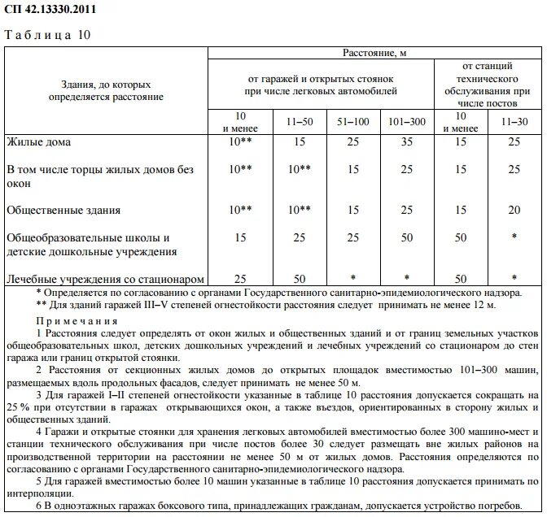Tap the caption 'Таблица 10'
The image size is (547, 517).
click(x=48, y=35)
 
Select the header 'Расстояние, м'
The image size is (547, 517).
click(x=374, y=52)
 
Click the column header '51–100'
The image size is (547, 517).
click(x=352, y=121)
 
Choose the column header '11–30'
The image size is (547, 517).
click(x=513, y=121)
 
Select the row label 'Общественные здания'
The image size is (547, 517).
click(x=63, y=210)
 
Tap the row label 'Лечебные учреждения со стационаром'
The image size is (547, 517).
click(x=104, y=279)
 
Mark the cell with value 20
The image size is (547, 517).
click(x=513, y=210)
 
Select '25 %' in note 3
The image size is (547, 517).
click(x=18, y=406)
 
